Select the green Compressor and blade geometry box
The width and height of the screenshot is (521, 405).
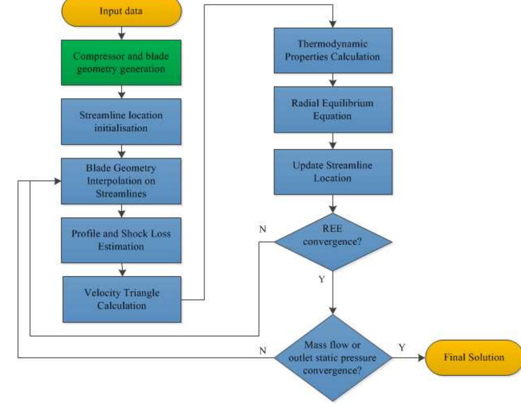tap(121, 63)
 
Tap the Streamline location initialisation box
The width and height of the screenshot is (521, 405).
tap(121, 122)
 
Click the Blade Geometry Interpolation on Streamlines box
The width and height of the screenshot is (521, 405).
tap(121, 181)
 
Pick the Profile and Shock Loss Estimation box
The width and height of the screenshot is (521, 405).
tap(121, 240)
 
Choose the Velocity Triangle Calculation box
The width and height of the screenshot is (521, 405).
tap(122, 299)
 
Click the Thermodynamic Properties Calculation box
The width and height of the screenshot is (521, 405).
tap(333, 50)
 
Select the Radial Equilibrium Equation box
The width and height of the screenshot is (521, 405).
tap(333, 110)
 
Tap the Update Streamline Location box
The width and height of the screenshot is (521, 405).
tap(333, 172)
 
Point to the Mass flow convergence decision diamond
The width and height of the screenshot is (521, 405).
tap(333, 358)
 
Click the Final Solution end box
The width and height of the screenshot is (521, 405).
tap(474, 357)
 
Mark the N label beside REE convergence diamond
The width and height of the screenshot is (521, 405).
tap(262, 229)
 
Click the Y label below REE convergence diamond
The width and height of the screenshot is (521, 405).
tap(321, 280)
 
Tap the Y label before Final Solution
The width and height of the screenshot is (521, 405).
tap(402, 348)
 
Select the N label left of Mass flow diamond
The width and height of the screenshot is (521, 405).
tap(262, 350)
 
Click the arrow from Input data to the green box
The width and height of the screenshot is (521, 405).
tap(122, 33)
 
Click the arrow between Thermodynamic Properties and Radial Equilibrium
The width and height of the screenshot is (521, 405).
tap(333, 80)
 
